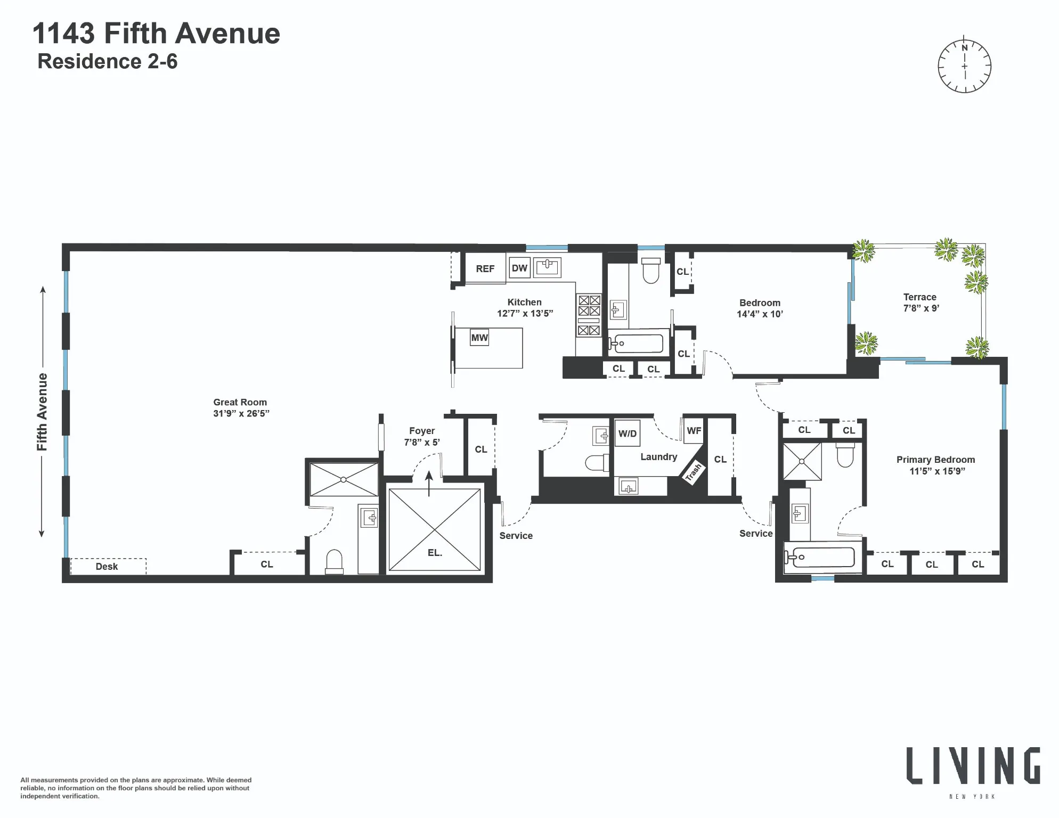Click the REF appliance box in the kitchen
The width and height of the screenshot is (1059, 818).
(485, 269)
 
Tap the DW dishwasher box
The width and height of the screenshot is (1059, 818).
(519, 268)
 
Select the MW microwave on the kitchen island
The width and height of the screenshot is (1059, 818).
(479, 338)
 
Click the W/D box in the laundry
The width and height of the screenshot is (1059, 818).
(628, 433)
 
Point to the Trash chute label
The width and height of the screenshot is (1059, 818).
(694, 472)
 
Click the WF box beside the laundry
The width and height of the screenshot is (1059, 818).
(694, 430)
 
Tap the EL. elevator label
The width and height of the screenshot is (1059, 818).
(435, 553)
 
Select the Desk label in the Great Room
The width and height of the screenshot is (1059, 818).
(107, 567)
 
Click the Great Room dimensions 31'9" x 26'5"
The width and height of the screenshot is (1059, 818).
(241, 414)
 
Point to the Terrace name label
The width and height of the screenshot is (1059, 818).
(919, 297)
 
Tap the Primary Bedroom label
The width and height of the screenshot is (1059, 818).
(935, 460)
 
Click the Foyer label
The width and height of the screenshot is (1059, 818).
(422, 431)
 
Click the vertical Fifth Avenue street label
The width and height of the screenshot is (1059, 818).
(42, 412)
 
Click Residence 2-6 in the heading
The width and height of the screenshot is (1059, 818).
(108, 62)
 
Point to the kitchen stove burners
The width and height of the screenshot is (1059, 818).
(589, 315)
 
